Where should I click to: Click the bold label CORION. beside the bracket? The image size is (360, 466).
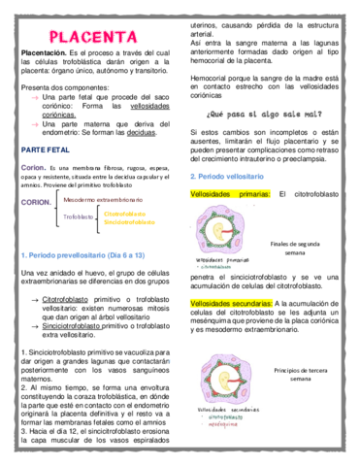(x=36, y=203)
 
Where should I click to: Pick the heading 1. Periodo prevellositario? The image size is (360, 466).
(x=82, y=254)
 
